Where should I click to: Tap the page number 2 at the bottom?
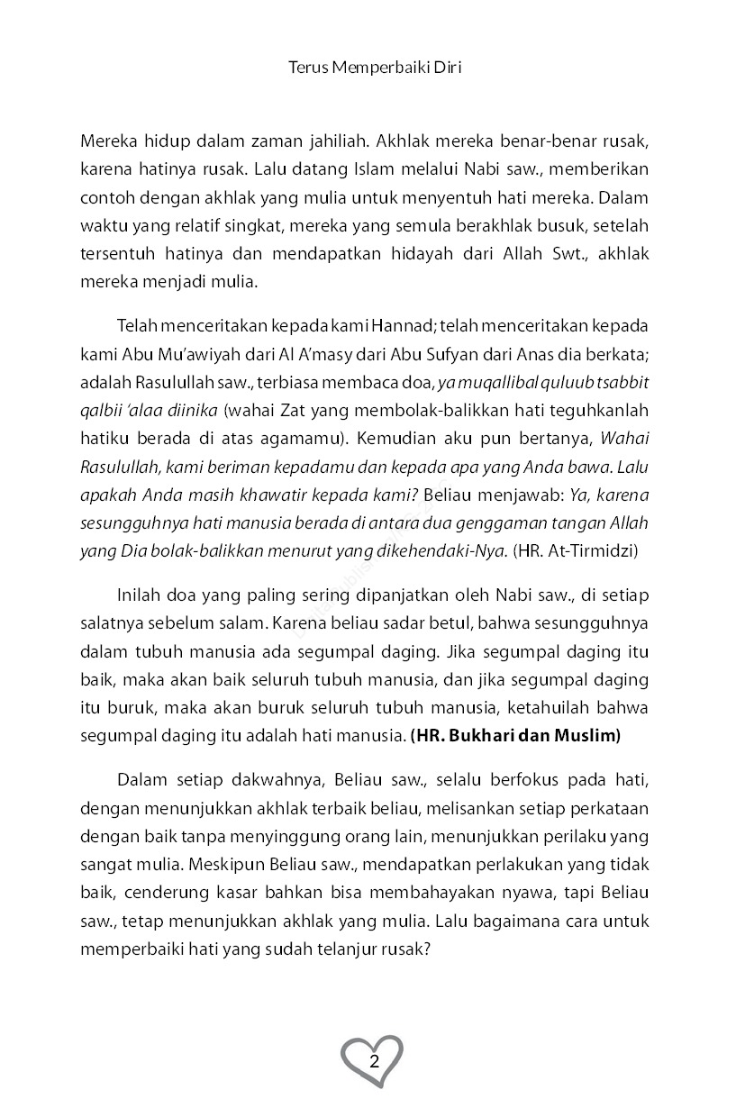coord(373,1058)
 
